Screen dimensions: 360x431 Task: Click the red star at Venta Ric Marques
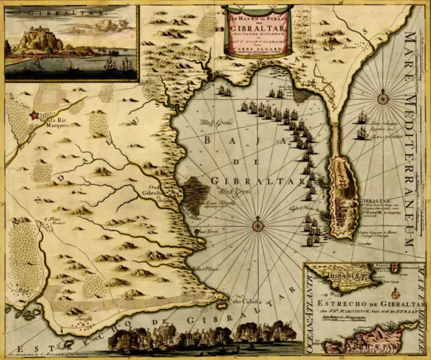click(x=34, y=116)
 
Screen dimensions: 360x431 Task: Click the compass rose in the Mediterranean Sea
click(x=383, y=98)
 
